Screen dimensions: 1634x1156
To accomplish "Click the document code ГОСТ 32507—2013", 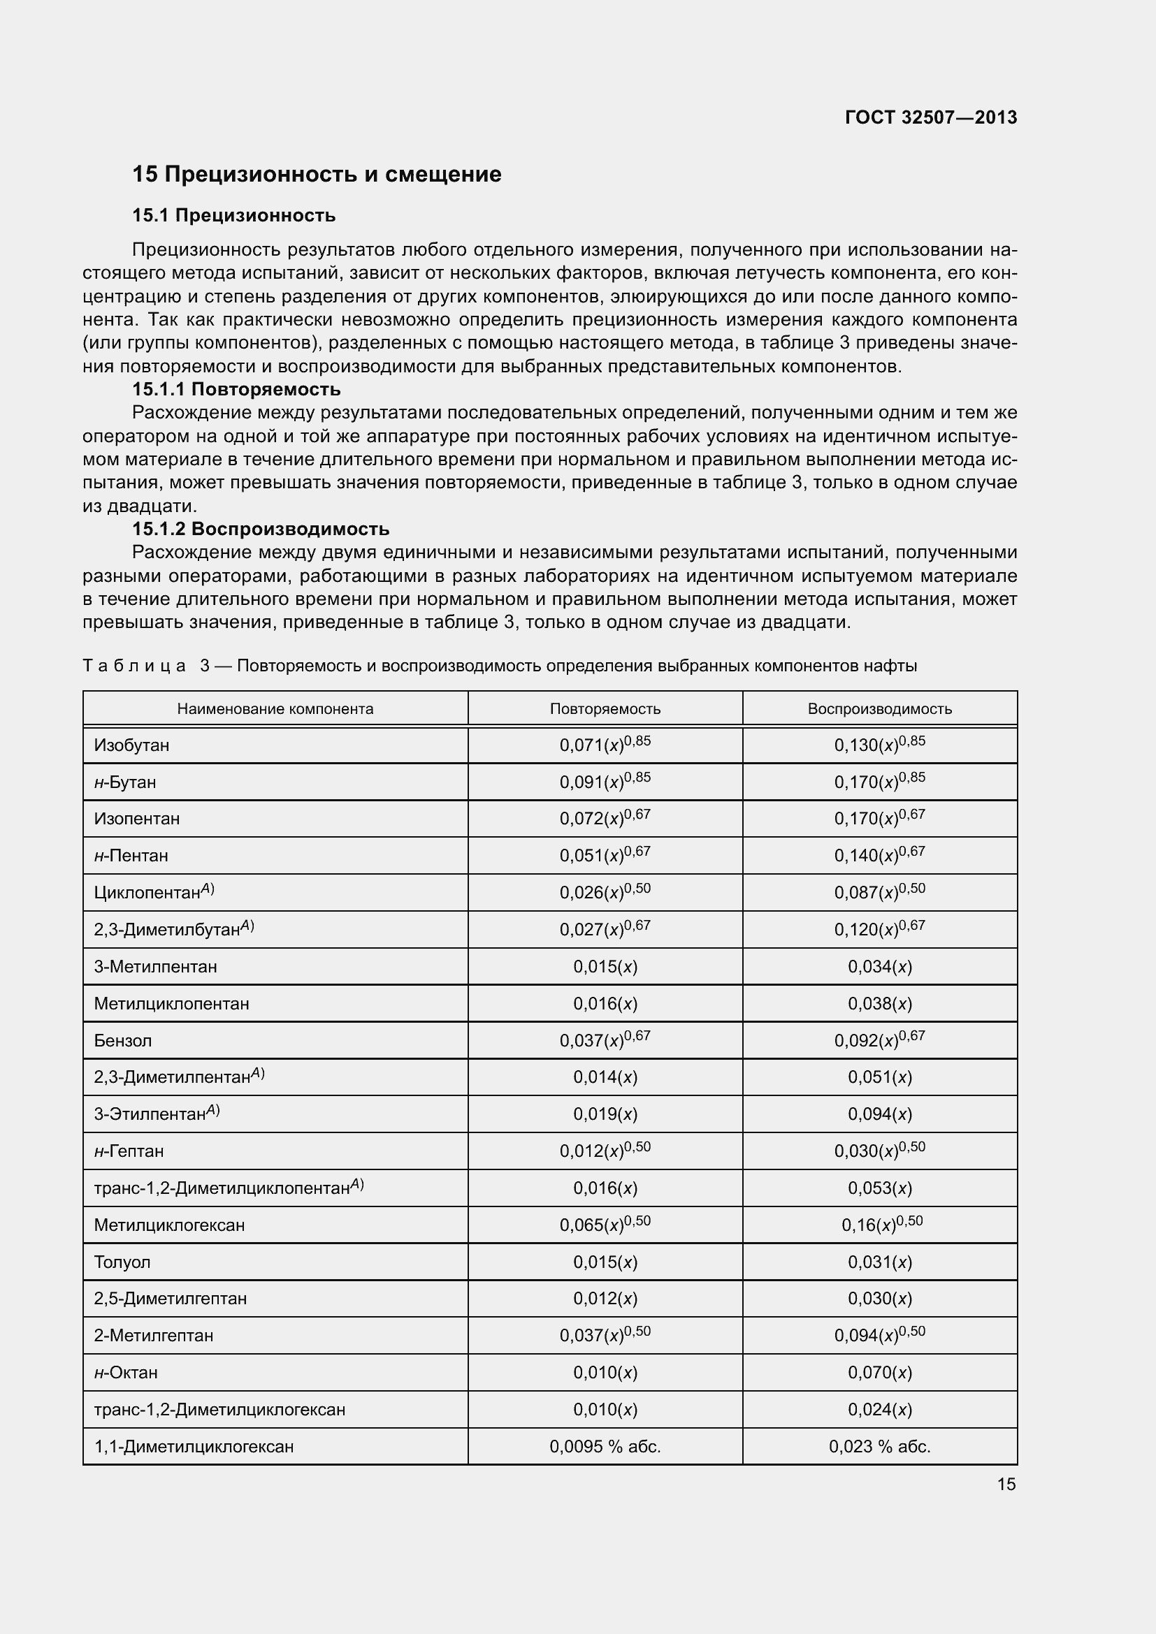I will pyautogui.click(x=930, y=117).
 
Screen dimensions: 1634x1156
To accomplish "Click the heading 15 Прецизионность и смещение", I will pyautogui.click(x=317, y=175).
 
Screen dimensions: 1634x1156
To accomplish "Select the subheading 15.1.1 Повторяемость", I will pyautogui.click(x=236, y=389).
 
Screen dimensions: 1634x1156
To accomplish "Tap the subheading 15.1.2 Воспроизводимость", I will pyautogui.click(x=261, y=529).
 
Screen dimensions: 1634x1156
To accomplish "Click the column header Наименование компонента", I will pyautogui.click(x=275, y=709).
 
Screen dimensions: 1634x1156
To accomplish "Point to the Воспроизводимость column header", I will pyautogui.click(x=879, y=709).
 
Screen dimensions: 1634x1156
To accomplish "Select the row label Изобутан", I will pyautogui.click(x=131, y=746).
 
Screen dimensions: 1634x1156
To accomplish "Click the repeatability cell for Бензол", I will pyautogui.click(x=605, y=1040).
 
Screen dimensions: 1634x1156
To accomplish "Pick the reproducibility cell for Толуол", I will pyautogui.click(x=879, y=1262).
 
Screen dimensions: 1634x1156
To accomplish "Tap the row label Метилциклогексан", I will pyautogui.click(x=169, y=1225).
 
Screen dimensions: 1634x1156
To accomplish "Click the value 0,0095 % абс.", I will pyautogui.click(x=605, y=1446).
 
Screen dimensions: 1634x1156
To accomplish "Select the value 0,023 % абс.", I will pyautogui.click(x=879, y=1446).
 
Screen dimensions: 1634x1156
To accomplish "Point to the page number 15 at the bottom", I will pyautogui.click(x=1006, y=1484).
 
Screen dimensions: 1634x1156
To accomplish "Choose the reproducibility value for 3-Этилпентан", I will pyautogui.click(x=879, y=1114).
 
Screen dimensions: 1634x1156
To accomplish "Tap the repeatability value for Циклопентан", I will pyautogui.click(x=605, y=892).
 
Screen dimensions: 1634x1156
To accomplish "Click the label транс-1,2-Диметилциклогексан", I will pyautogui.click(x=219, y=1409).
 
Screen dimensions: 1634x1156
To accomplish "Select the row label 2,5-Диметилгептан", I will pyautogui.click(x=170, y=1299).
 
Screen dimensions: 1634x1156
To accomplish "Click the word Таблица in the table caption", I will pyautogui.click(x=133, y=666).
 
